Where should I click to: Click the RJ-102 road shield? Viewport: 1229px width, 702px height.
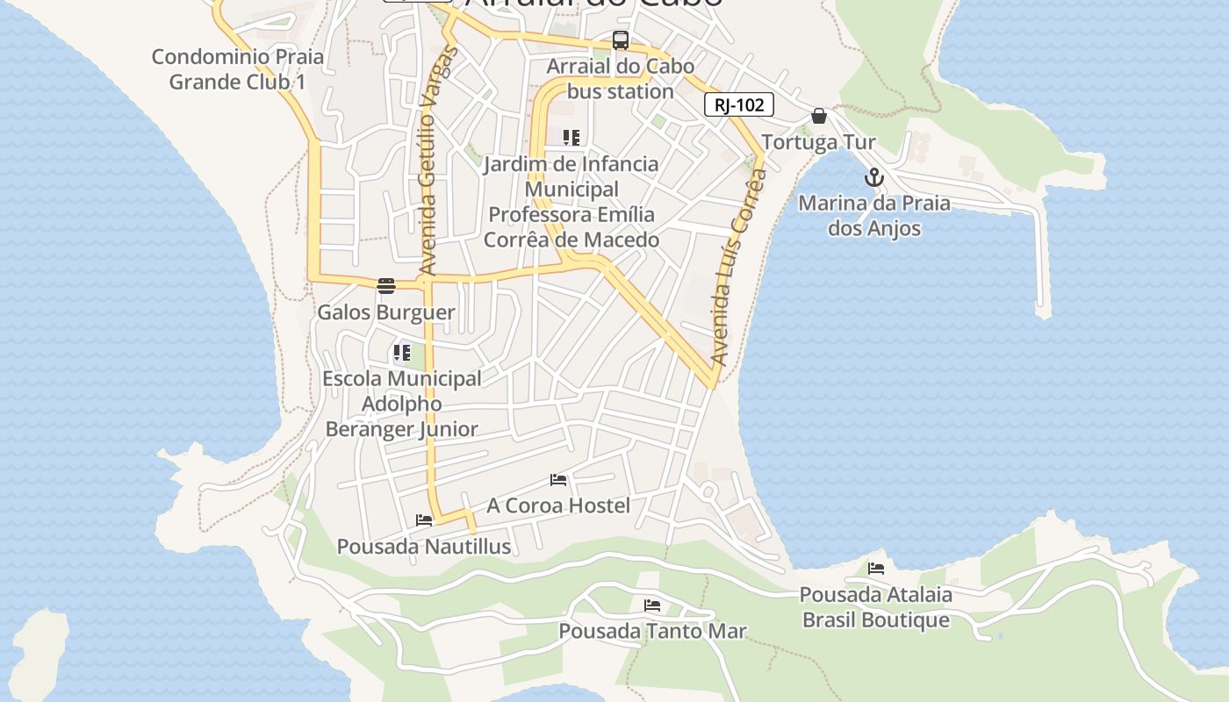(738, 105)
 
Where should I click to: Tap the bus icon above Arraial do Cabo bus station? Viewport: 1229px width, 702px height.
(621, 40)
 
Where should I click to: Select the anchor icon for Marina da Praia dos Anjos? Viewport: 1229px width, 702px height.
(873, 178)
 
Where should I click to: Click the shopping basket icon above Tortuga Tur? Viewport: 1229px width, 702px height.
(819, 116)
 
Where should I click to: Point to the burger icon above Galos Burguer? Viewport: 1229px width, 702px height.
(386, 285)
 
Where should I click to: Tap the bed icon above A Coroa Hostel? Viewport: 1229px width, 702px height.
(558, 480)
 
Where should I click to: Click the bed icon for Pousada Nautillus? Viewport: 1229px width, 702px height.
(424, 520)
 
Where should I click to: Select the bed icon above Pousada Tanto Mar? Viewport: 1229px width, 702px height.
(652, 605)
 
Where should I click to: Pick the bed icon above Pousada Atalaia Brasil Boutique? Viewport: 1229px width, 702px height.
(876, 569)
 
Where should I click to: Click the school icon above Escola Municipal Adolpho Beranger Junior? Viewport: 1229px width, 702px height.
(402, 354)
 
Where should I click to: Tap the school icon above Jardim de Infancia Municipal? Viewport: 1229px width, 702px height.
(571, 138)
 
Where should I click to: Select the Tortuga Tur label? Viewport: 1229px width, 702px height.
(818, 142)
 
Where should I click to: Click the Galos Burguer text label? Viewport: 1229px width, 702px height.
(386, 312)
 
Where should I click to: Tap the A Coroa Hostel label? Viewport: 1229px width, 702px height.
(558, 505)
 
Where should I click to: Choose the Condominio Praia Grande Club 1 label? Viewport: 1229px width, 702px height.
(238, 69)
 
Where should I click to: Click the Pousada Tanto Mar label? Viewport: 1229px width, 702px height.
(652, 631)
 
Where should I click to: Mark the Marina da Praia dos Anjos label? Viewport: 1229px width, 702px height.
(873, 216)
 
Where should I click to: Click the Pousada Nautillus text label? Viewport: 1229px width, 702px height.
(424, 547)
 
